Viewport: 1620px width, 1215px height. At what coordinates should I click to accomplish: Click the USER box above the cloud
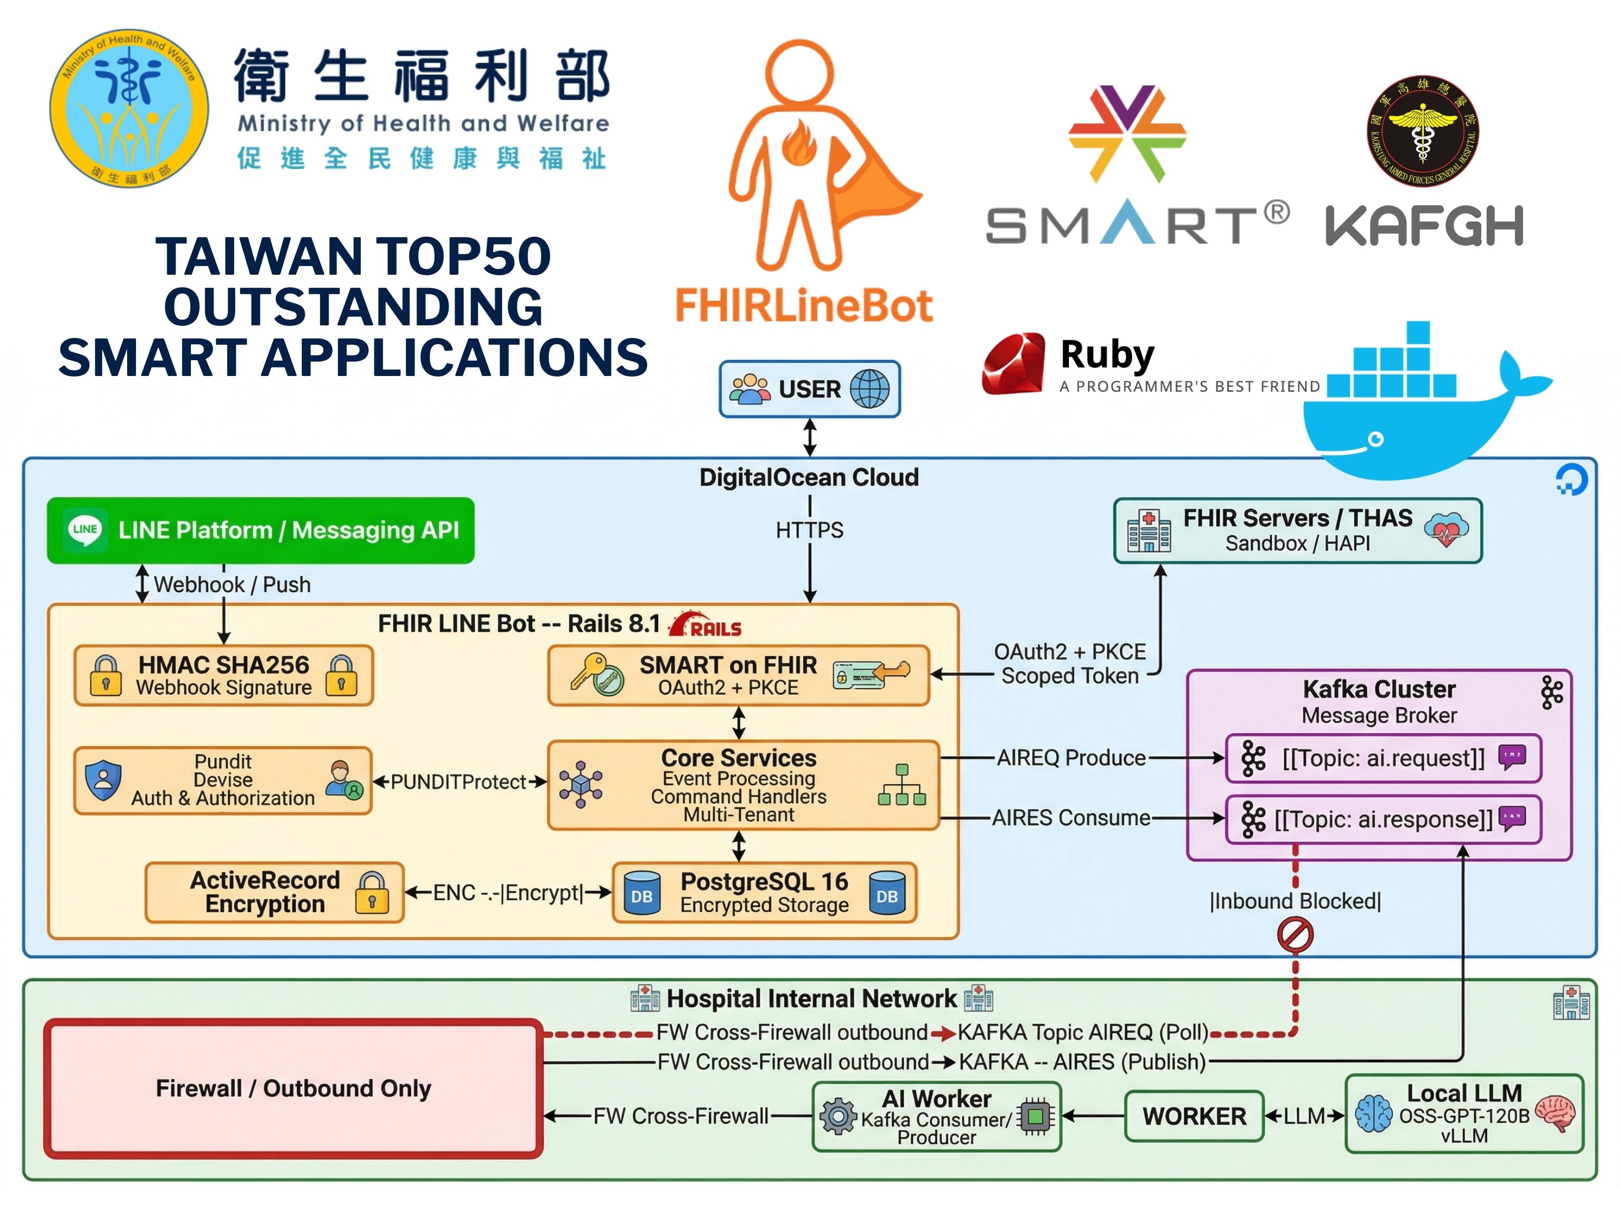(x=809, y=389)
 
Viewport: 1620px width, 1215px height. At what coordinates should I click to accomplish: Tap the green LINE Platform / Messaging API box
(x=261, y=530)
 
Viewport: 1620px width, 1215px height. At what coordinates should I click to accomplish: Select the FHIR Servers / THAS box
(x=1298, y=531)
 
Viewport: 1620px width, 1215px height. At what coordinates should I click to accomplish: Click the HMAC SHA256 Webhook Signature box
(x=224, y=675)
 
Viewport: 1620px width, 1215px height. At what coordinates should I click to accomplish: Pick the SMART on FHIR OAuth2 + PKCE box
(x=739, y=675)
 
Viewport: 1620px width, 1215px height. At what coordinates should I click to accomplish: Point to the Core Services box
(x=744, y=785)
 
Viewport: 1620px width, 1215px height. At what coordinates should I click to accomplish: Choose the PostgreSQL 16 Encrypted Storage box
(x=765, y=893)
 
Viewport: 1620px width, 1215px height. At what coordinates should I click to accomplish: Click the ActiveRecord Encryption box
(x=275, y=892)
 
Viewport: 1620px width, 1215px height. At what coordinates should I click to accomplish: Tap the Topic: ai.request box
(x=1383, y=758)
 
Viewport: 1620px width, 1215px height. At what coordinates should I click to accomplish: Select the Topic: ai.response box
(x=1383, y=819)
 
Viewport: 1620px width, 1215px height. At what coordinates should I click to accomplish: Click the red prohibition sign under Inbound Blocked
(x=1295, y=935)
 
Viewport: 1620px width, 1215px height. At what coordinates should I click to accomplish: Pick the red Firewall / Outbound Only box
(x=294, y=1088)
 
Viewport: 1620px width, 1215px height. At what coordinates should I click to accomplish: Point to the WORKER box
(x=1194, y=1116)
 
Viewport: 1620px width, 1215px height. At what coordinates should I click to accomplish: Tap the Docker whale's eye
(x=1376, y=439)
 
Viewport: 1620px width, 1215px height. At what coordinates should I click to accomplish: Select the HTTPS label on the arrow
(x=809, y=530)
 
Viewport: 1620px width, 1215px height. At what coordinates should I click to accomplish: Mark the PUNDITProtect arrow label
(x=458, y=782)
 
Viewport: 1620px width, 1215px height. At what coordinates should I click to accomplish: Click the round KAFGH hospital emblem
(x=1422, y=131)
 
